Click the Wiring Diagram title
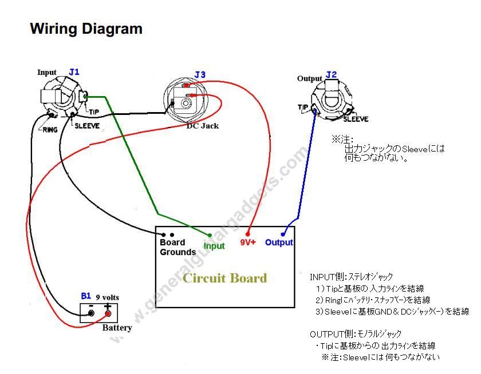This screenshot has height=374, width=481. pyautogui.click(x=86, y=29)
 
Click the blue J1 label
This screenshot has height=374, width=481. pyautogui.click(x=74, y=72)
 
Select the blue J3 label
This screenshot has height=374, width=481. pyautogui.click(x=200, y=74)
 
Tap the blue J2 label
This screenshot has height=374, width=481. pyautogui.click(x=332, y=75)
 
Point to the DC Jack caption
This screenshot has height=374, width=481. pyautogui.click(x=203, y=126)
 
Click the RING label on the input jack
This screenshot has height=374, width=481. pyautogui.click(x=50, y=130)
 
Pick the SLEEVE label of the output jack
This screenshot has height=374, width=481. pyautogui.click(x=356, y=119)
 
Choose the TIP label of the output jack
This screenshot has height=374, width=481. pyautogui.click(x=303, y=107)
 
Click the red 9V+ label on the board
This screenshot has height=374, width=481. pyautogui.click(x=248, y=242)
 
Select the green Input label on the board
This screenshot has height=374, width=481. pyautogui.click(x=214, y=246)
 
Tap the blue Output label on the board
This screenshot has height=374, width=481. pyautogui.click(x=279, y=242)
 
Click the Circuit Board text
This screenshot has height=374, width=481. pyautogui.click(x=224, y=278)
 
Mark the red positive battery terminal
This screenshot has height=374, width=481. pyautogui.click(x=108, y=313)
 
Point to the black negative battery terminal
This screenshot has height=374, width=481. pyautogui.click(x=91, y=313)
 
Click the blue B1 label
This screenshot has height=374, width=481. pyautogui.click(x=86, y=296)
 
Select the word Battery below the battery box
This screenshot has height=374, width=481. pyautogui.click(x=117, y=328)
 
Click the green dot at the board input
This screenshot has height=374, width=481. pyautogui.click(x=210, y=235)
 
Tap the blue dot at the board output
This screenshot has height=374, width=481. pyautogui.click(x=282, y=234)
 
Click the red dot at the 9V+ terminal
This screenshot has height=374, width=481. pyautogui.click(x=247, y=234)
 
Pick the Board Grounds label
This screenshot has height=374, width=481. pyautogui.click(x=178, y=247)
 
